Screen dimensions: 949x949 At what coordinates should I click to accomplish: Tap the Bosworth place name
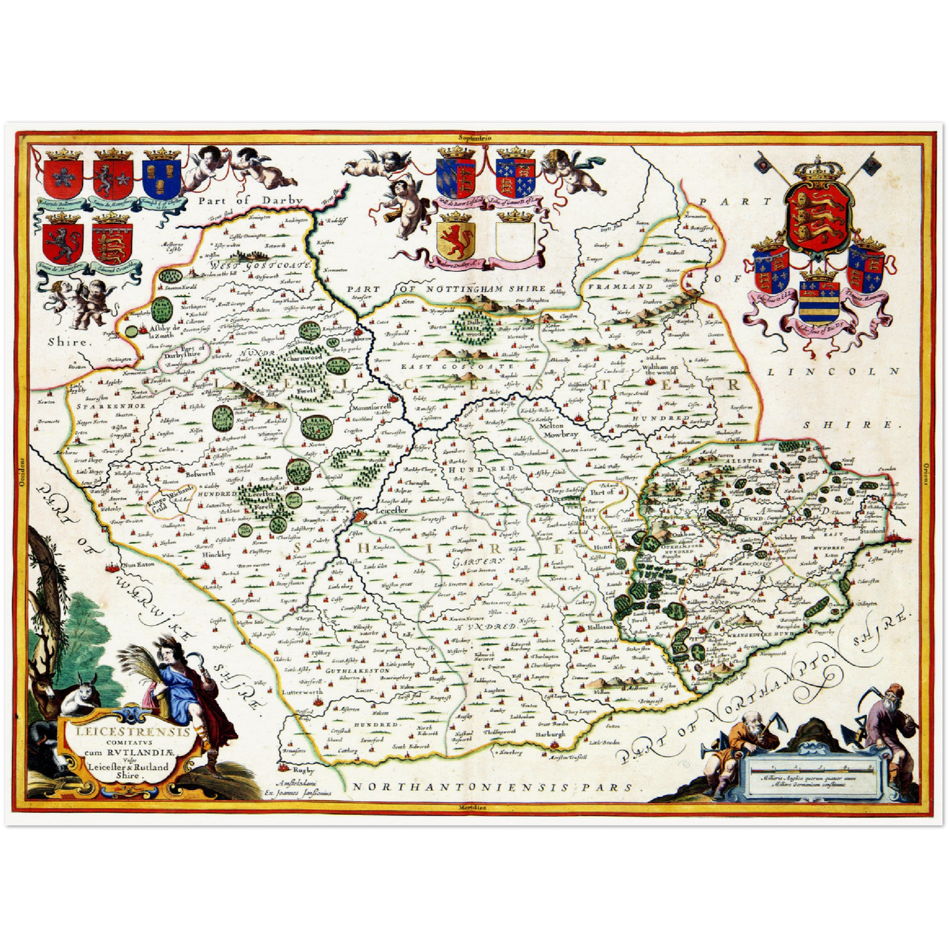200,473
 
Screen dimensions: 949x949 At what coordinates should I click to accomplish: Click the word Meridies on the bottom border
473,806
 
